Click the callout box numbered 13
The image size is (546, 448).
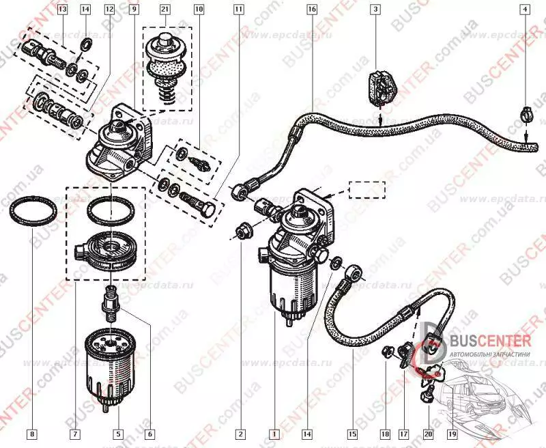63,10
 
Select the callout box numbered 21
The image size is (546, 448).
165,10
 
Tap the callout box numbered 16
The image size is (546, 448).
312,10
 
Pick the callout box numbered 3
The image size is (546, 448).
375,10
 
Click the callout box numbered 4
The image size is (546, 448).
525,10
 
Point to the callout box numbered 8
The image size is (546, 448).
31,433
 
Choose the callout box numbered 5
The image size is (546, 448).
117,433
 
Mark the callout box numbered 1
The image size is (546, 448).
274,433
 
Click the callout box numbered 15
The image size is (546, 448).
352,433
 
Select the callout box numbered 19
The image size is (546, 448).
451,433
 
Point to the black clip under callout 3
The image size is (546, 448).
379,87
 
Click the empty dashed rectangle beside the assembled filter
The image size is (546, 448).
366,189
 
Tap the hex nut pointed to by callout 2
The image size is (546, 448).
242,232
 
